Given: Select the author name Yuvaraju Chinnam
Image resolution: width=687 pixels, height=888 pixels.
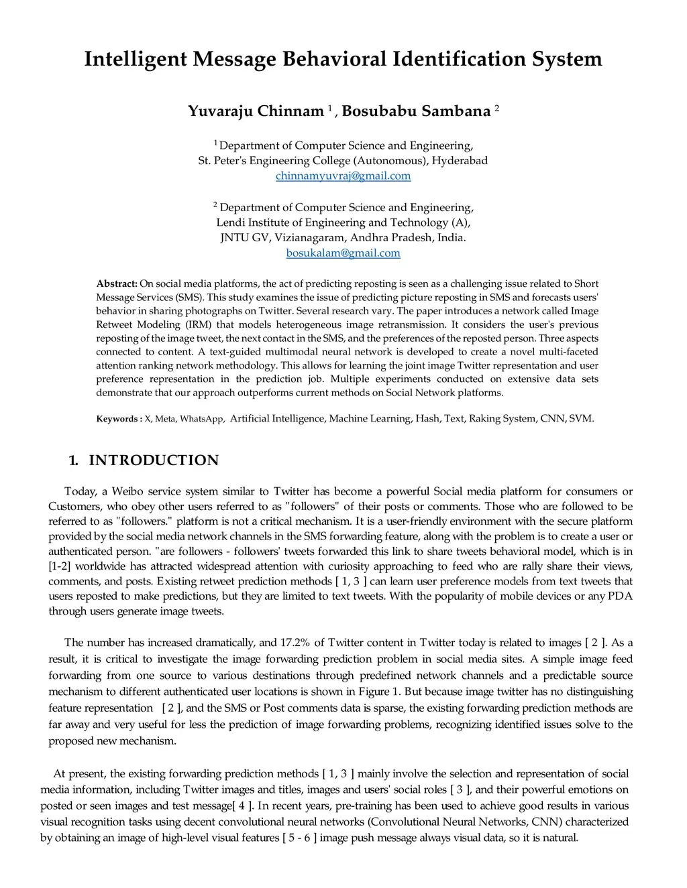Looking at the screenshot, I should pos(256,111).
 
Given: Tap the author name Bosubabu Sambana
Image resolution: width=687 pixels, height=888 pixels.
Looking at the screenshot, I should pos(416,111).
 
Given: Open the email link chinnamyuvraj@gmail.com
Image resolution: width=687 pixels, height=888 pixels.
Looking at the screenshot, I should pos(343,176).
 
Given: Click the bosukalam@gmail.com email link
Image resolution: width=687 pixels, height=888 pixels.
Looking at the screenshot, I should pos(343,253).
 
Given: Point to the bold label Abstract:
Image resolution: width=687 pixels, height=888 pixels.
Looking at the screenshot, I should pos(117,283).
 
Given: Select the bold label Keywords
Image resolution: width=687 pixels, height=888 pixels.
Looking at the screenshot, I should pos(118,419).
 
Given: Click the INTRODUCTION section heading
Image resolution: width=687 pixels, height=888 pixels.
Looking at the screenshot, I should pos(154,460).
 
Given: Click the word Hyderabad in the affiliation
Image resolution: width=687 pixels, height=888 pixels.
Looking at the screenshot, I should pos(460,160).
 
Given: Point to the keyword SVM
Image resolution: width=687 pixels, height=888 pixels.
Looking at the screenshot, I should pos(580,418).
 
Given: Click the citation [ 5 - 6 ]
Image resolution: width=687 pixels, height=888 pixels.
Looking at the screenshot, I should pos(299,838).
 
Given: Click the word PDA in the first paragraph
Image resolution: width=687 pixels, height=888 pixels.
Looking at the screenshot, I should pos(620,596).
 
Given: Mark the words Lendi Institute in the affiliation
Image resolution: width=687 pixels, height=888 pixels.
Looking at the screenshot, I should pos(257,222).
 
